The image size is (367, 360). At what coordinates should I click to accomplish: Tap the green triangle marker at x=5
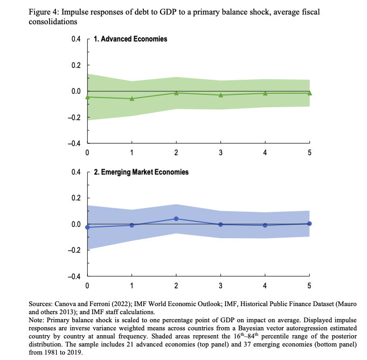(309, 93)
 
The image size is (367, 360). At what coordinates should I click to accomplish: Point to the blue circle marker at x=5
(309, 223)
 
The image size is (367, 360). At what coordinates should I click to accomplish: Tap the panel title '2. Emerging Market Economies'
(141, 172)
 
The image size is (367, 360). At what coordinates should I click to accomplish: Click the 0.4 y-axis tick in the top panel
(75, 39)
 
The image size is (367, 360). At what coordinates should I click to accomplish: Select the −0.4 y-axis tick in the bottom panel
(73, 276)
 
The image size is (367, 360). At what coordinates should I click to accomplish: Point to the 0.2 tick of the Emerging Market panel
(75, 198)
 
